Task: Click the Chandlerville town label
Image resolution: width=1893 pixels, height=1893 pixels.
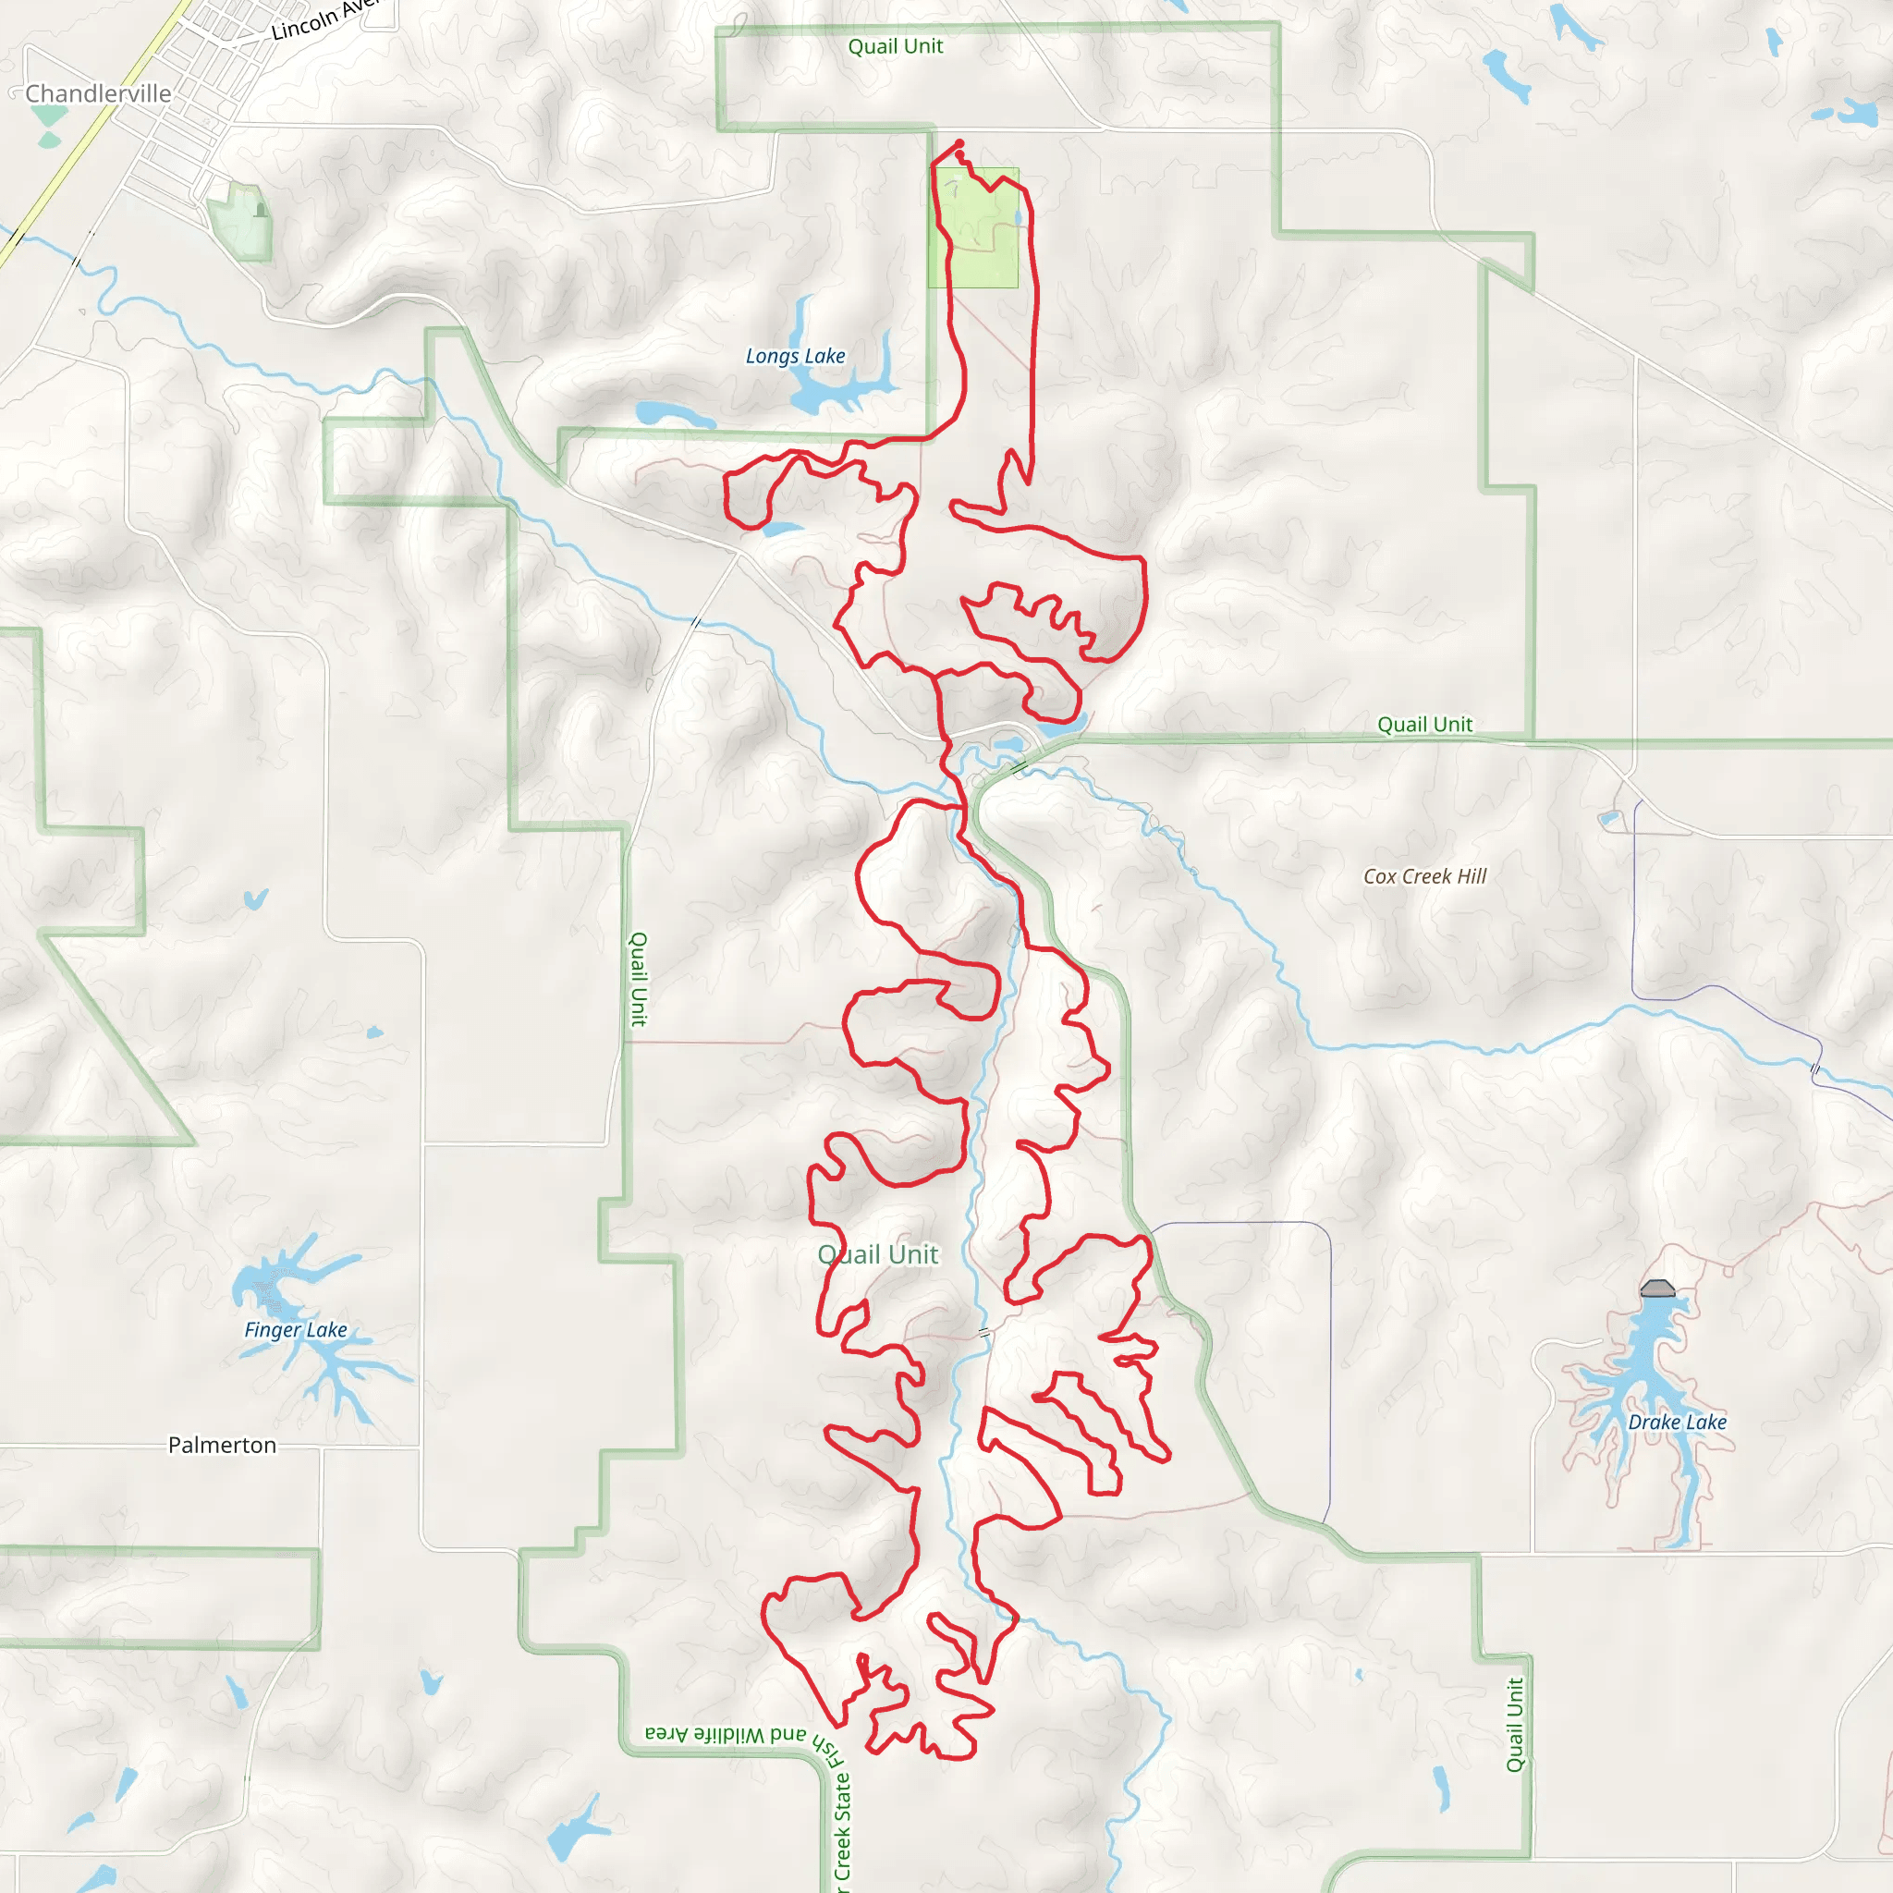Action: [x=98, y=94]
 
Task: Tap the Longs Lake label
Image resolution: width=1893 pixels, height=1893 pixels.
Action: [x=795, y=357]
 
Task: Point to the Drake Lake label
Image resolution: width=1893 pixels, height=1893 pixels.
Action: [x=1677, y=1422]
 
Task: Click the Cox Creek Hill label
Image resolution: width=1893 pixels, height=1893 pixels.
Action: [x=1424, y=877]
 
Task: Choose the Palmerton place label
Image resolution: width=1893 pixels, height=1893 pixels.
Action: [x=222, y=1446]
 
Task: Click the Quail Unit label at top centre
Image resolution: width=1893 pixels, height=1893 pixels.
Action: [x=895, y=47]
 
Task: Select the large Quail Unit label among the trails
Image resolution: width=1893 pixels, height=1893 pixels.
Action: [x=878, y=1255]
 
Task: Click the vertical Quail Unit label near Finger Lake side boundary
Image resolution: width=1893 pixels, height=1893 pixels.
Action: [x=638, y=979]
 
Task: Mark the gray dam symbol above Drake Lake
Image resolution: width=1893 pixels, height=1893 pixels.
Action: [x=1657, y=1288]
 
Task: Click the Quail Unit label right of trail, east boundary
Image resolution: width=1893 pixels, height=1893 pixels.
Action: [x=1424, y=725]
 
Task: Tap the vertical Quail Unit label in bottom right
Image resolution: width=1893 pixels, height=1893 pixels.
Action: [x=1515, y=1726]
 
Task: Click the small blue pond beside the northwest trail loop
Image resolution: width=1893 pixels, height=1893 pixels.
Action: [x=782, y=530]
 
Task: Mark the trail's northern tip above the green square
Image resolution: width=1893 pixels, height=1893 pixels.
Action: [x=959, y=143]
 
